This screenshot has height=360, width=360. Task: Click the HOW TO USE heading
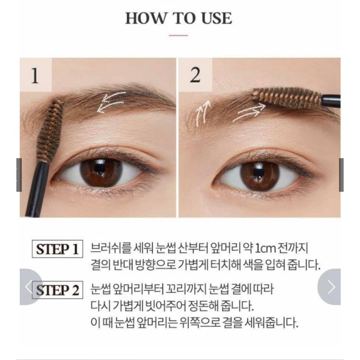[178, 18]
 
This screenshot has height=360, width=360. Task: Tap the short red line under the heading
[178, 36]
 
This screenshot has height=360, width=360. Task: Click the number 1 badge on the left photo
[35, 76]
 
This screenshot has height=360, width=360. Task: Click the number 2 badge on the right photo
[195, 76]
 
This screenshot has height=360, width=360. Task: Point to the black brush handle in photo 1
[35, 188]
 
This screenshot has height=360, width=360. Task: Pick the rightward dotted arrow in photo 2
[250, 112]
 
